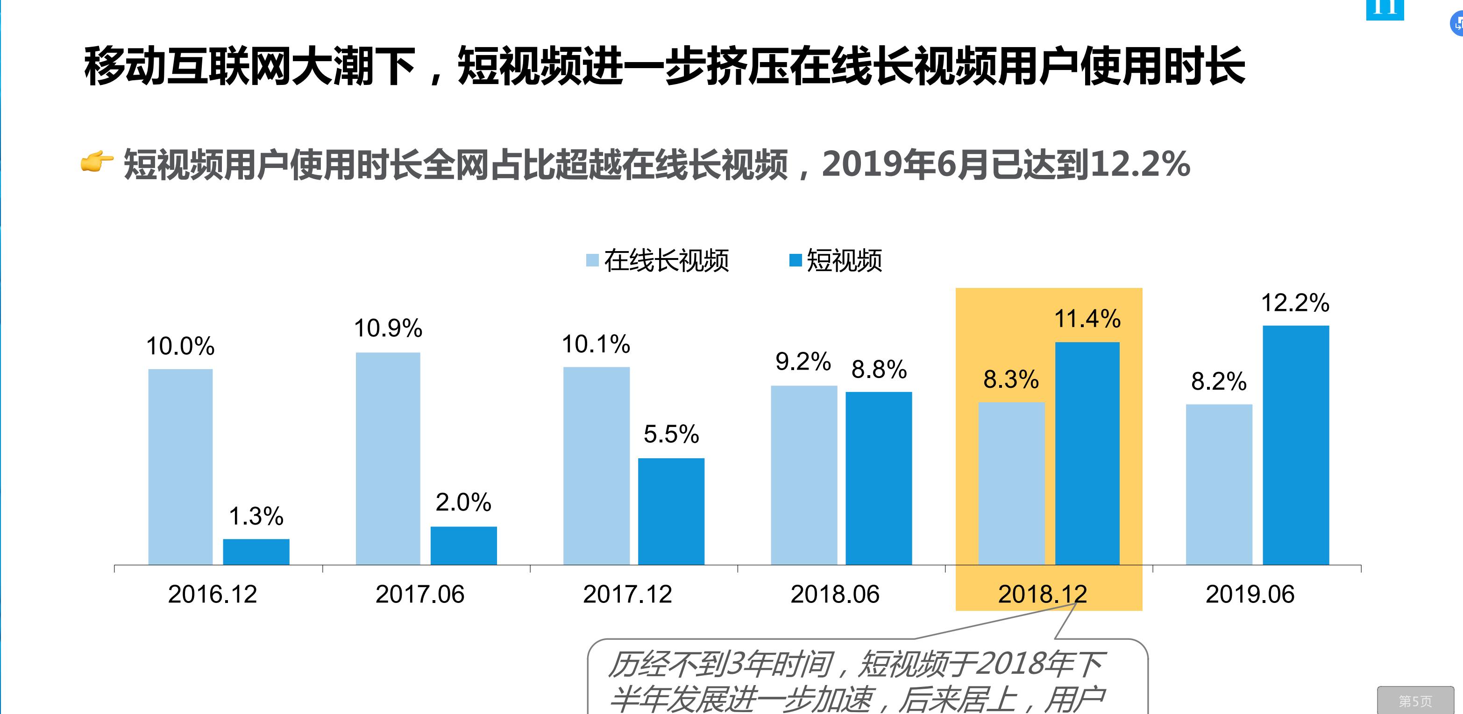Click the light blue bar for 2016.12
tap(181, 467)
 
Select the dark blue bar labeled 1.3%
tap(256, 552)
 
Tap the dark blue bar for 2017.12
tap(671, 511)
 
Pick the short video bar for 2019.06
tap(1296, 445)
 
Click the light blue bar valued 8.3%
tap(1011, 483)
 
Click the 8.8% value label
tap(879, 370)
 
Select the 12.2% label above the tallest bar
tap(1295, 303)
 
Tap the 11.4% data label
tap(1087, 319)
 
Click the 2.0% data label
tap(463, 502)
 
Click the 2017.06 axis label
tap(420, 594)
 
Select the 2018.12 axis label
tap(1042, 594)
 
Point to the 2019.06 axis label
tap(1250, 594)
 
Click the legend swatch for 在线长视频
tap(592, 260)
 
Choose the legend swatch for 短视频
tap(795, 260)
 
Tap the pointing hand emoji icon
tap(97, 162)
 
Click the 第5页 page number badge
tap(1415, 701)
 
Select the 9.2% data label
tap(803, 362)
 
